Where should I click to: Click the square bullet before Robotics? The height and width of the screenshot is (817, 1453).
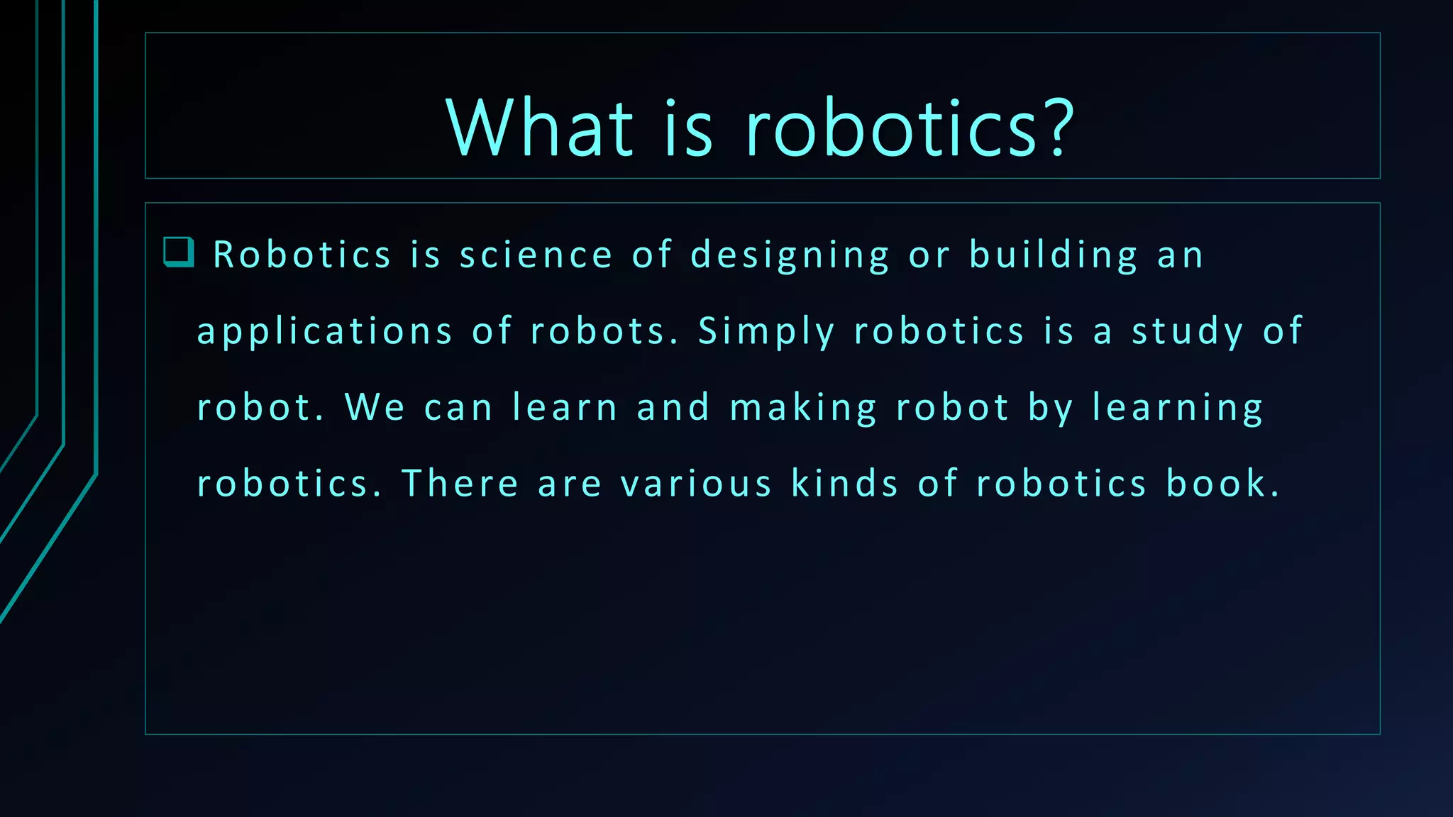click(178, 252)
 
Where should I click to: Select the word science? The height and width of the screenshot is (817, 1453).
click(536, 255)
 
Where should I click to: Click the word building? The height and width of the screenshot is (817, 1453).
click(1054, 255)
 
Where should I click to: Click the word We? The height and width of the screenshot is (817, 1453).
click(375, 408)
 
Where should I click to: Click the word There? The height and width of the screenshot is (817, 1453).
click(460, 484)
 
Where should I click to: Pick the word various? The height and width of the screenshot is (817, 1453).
click(696, 484)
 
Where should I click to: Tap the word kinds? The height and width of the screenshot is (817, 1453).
click(844, 484)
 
